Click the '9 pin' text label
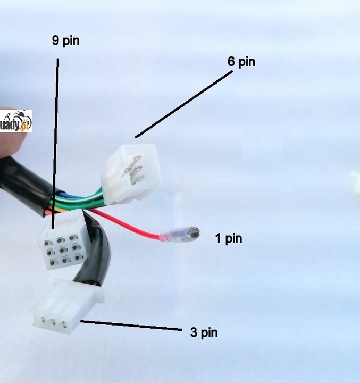[65, 41]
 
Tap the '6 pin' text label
[241, 62]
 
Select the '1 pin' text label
[228, 238]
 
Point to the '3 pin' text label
[204, 333]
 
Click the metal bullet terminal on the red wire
[193, 233]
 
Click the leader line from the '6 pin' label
[183, 104]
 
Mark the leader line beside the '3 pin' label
[130, 325]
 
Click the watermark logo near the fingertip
[17, 121]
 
